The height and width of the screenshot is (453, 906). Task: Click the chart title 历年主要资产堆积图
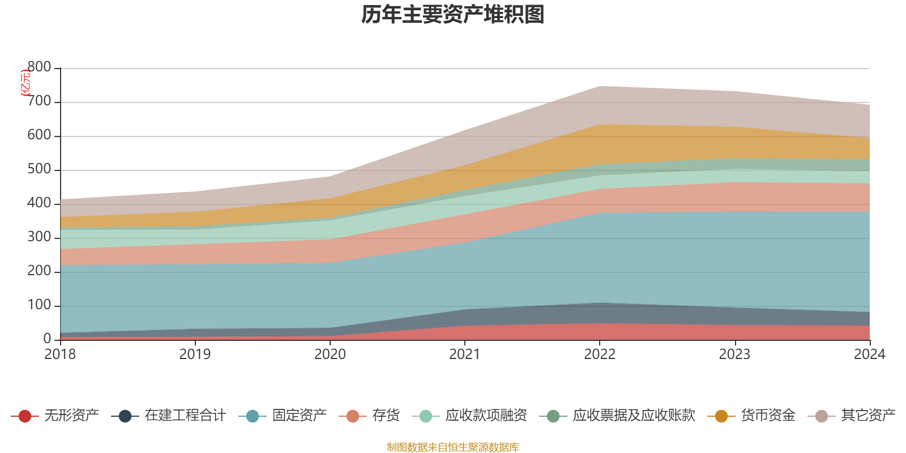(x=453, y=15)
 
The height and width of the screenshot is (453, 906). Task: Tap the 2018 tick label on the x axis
(x=60, y=354)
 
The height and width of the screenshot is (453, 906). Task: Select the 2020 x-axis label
(x=330, y=354)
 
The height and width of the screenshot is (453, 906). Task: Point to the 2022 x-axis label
(x=600, y=354)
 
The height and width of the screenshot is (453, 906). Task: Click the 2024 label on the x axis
(x=869, y=354)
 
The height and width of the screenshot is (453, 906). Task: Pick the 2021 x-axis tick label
(x=465, y=354)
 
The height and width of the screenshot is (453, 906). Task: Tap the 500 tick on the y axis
(x=39, y=170)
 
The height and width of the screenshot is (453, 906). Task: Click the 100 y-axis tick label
(x=39, y=305)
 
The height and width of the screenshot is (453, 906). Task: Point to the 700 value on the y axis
(x=39, y=102)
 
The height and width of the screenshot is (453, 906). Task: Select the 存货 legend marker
(x=353, y=416)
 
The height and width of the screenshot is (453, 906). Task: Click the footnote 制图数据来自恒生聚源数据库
(x=453, y=447)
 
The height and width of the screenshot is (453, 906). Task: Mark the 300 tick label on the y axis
(x=39, y=237)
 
